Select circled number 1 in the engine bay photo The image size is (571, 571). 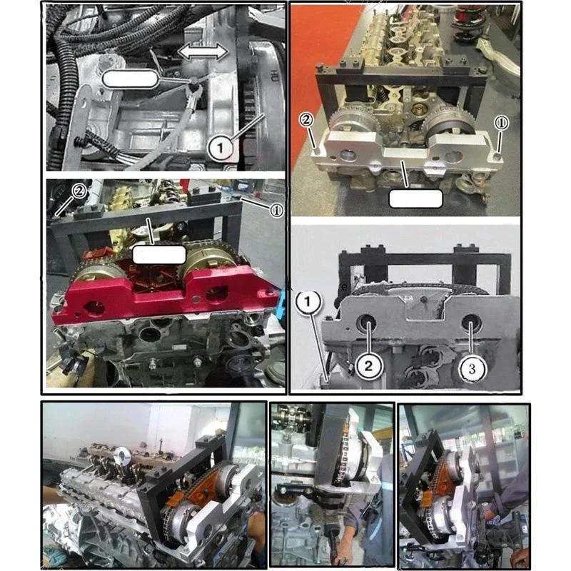pyautogui.click(x=221, y=148)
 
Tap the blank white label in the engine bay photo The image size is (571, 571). pyautogui.click(x=129, y=79)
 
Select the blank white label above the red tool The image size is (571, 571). pyautogui.click(x=160, y=253)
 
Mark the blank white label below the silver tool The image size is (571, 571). pyautogui.click(x=415, y=198)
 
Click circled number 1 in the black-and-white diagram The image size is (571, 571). pyautogui.click(x=306, y=303)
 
